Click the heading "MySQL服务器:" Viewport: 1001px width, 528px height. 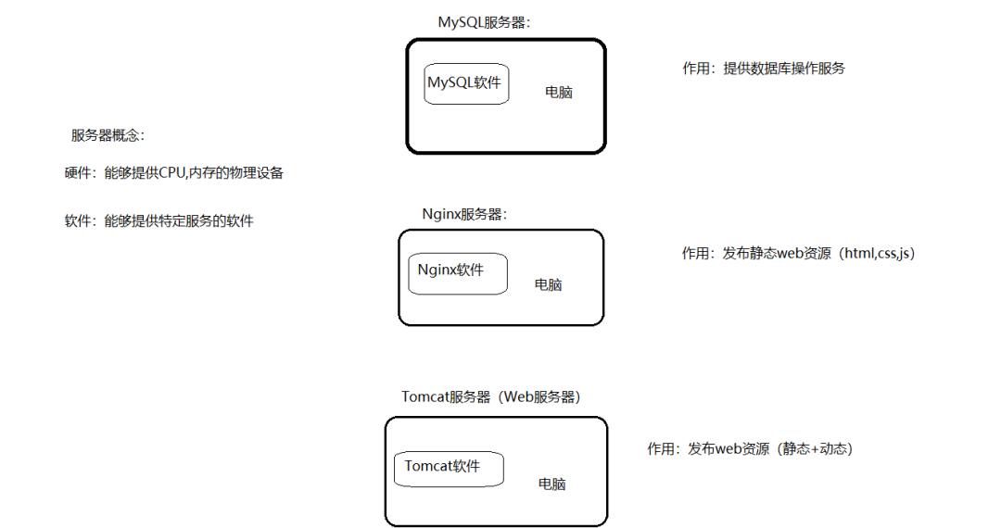[484, 22]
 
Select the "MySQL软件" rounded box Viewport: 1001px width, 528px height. [466, 83]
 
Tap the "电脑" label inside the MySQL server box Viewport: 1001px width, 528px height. [558, 93]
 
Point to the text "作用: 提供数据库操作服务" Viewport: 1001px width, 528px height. [764, 68]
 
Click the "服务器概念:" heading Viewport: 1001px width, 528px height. [108, 135]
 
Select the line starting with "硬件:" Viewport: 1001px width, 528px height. [173, 172]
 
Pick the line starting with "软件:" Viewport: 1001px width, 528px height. [158, 221]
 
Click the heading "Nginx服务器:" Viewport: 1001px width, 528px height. [464, 214]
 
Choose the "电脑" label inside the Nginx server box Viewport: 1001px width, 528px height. [548, 284]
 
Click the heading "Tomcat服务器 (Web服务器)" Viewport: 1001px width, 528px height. [491, 396]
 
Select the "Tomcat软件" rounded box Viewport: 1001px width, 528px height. [449, 469]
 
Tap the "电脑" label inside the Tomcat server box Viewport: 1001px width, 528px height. [552, 484]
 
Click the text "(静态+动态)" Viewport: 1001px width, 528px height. [813, 448]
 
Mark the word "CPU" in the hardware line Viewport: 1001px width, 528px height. [173, 172]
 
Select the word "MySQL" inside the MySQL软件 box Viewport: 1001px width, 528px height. [450, 82]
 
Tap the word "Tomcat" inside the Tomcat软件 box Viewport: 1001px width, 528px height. [429, 466]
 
